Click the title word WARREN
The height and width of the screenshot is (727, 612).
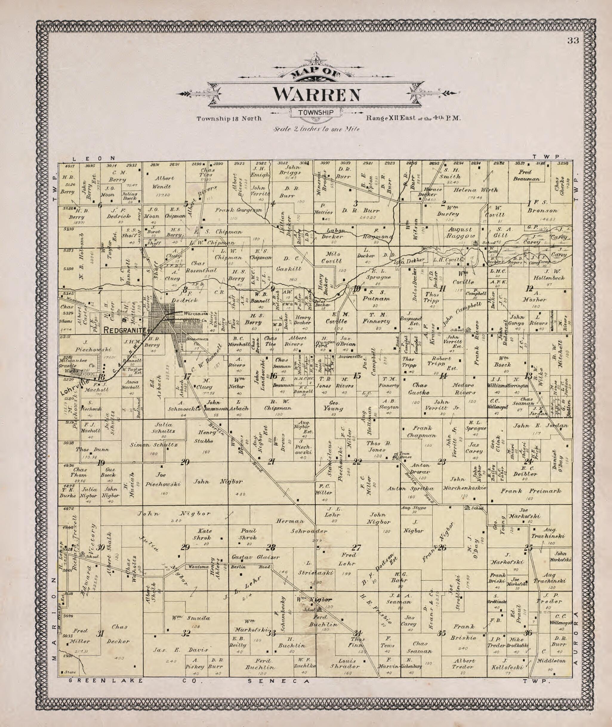point(316,94)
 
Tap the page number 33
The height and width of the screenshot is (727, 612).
point(573,41)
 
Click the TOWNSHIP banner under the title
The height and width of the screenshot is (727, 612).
point(315,112)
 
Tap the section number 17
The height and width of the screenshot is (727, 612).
point(187,377)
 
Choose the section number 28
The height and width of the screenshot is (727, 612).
point(271,548)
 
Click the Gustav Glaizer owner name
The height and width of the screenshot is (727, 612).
point(255,557)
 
